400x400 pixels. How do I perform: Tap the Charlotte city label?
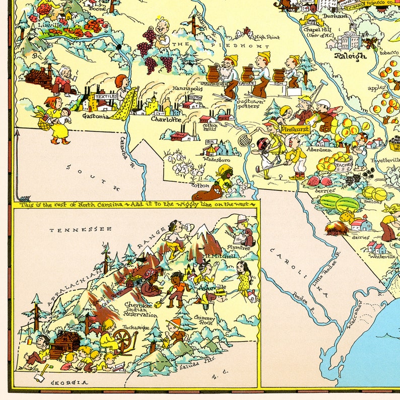click(166, 120)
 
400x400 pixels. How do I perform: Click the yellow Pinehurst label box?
click(295, 129)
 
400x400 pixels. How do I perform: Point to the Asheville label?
click(213, 287)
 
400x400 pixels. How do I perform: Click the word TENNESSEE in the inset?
click(80, 230)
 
